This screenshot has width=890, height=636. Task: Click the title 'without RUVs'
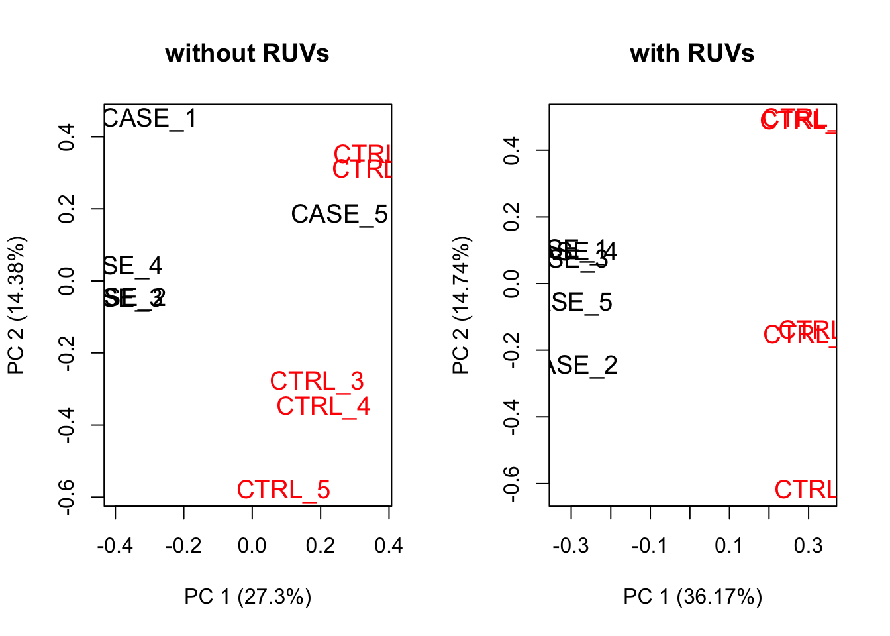tap(247, 53)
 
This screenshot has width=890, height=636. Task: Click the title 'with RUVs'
tap(692, 53)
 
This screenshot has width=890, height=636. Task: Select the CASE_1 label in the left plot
tap(150, 119)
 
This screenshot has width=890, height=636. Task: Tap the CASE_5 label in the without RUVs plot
tap(339, 215)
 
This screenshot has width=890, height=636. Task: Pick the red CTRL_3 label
tap(317, 382)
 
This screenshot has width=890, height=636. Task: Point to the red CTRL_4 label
tap(323, 406)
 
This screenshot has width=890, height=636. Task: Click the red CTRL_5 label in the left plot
tap(283, 490)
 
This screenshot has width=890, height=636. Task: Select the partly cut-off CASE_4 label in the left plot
tap(133, 266)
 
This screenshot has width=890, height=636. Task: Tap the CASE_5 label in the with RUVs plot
tap(581, 303)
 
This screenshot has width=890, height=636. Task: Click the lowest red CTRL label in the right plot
tap(805, 490)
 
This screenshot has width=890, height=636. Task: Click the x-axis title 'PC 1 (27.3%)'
tap(248, 597)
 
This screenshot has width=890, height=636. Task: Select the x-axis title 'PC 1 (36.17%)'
tap(693, 597)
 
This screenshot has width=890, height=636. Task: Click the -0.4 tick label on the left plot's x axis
tap(115, 546)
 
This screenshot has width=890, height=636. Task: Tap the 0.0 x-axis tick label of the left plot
tap(252, 546)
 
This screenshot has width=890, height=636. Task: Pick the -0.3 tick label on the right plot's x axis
tap(571, 546)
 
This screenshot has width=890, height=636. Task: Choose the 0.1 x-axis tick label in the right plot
tap(729, 546)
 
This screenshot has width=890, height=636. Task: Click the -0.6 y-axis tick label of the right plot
tap(511, 484)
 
